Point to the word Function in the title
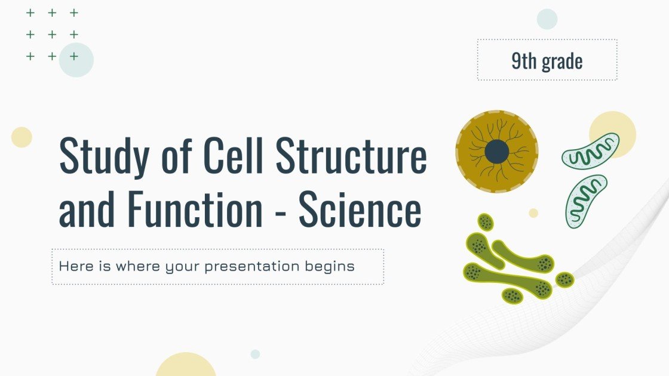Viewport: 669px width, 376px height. click(x=195, y=210)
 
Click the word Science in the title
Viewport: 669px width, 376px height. click(x=360, y=210)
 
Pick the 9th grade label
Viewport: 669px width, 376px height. click(x=547, y=60)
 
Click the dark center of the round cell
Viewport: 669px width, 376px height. click(x=497, y=152)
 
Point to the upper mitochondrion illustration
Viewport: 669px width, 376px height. click(x=590, y=150)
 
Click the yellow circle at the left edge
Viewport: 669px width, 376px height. click(x=22, y=137)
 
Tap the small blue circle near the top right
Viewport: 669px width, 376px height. click(x=547, y=19)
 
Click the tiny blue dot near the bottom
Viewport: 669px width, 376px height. click(x=255, y=354)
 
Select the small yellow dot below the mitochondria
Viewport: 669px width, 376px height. click(x=533, y=213)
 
